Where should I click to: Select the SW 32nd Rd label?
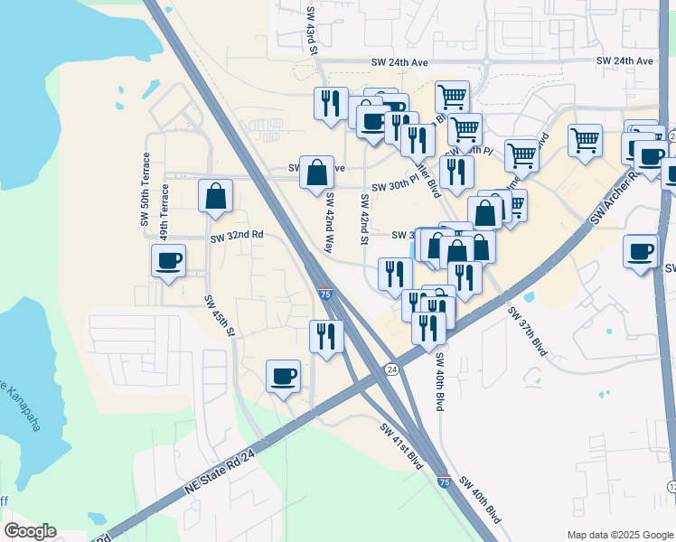coord(237,236)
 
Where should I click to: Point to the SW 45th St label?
coord(220,317)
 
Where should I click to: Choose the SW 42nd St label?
coord(364,220)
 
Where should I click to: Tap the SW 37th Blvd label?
coord(528,331)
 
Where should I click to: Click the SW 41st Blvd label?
coord(401,445)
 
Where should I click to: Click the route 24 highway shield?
coord(391,369)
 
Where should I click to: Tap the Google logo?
coord(30,531)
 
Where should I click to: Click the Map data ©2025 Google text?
coord(619,535)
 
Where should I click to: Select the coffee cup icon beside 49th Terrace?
coord(168,261)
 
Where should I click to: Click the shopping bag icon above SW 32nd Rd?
coord(215,196)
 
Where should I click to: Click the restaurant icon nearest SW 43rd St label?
coord(331,103)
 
